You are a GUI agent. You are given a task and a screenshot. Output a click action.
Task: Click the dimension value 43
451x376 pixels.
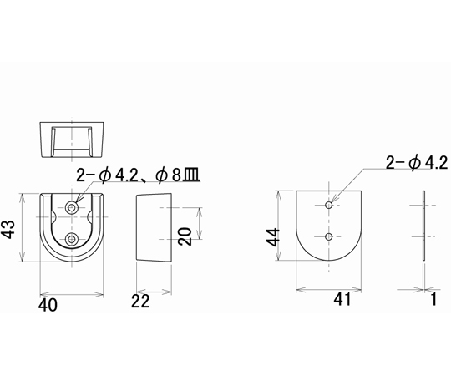click(9, 230)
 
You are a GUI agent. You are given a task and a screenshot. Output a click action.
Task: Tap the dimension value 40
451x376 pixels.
click(48, 305)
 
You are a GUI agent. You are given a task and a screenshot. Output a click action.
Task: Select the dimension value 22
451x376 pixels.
click(140, 302)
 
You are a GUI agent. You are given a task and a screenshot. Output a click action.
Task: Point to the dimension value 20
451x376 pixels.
click(185, 236)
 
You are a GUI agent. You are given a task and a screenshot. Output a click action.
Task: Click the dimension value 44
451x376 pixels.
click(272, 237)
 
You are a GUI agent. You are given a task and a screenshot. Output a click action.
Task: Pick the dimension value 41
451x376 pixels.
click(342, 299)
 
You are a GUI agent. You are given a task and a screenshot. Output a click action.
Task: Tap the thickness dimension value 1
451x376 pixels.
click(433, 299)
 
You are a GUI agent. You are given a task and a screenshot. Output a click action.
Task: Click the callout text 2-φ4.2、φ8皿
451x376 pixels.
click(139, 175)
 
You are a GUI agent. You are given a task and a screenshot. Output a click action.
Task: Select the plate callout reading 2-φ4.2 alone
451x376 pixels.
click(417, 163)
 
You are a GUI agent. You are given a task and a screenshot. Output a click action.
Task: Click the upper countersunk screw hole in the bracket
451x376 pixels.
click(72, 207)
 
